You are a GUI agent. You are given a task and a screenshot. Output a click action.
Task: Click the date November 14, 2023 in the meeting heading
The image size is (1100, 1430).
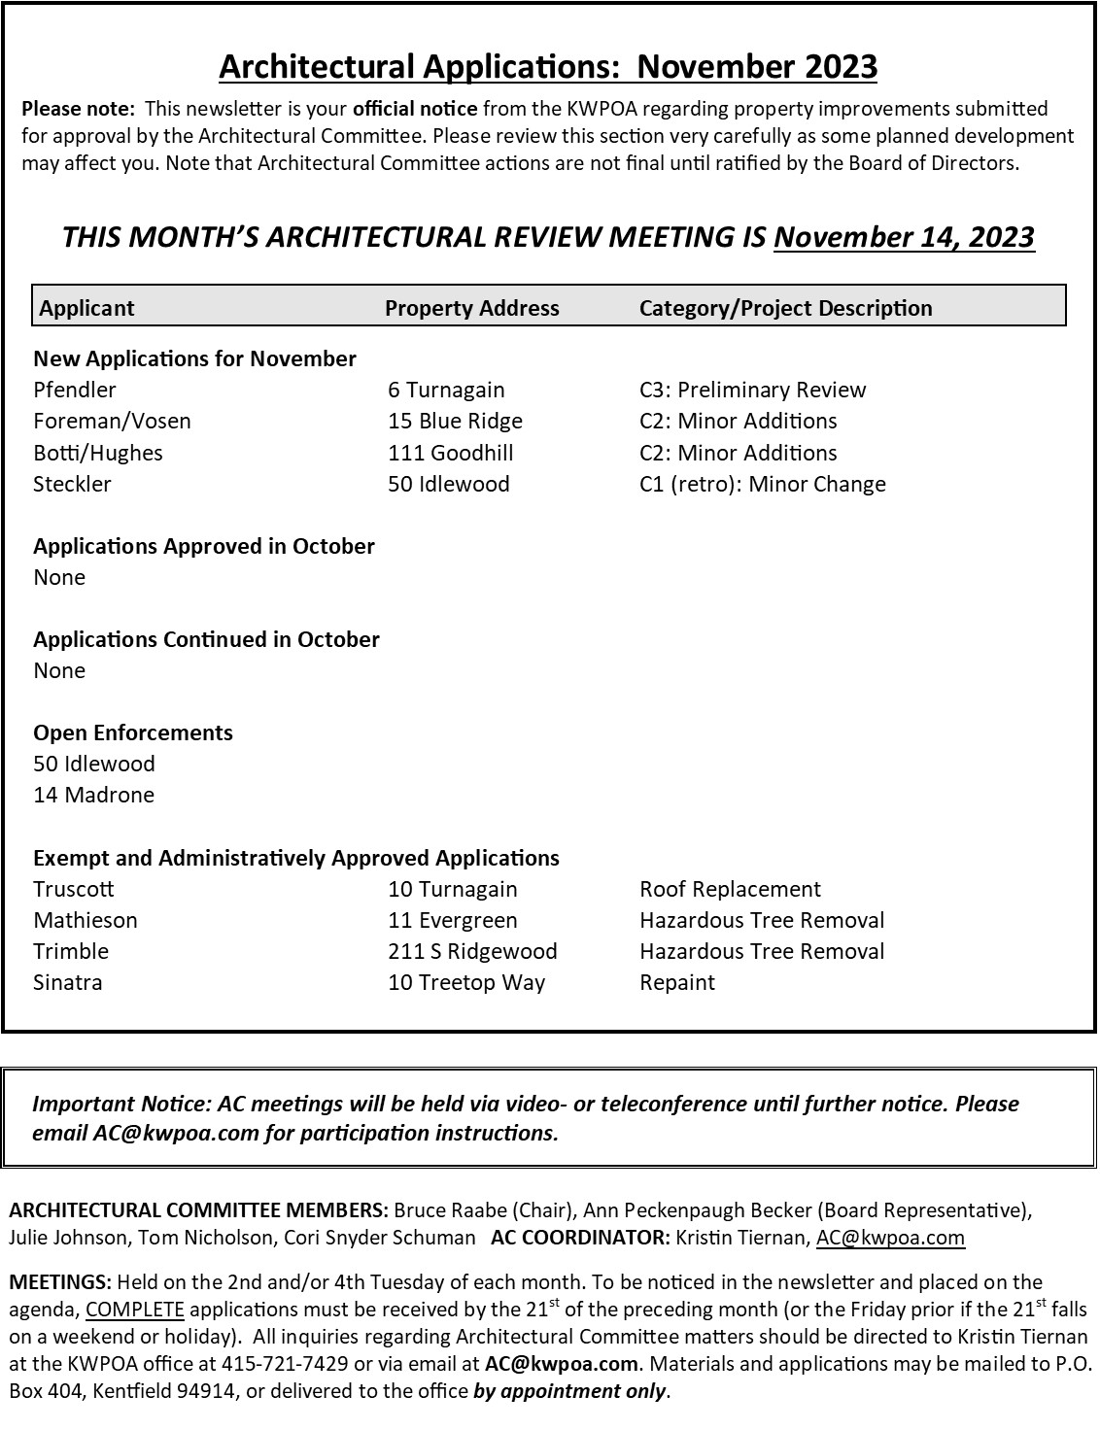pos(904,237)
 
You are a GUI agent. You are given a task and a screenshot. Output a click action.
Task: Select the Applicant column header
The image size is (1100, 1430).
pos(87,308)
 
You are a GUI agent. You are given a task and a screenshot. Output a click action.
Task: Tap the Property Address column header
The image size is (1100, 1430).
pos(472,308)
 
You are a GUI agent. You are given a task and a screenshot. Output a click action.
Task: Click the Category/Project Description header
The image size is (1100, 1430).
pos(785,308)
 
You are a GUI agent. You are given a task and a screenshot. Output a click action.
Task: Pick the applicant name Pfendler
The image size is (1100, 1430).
pos(75,390)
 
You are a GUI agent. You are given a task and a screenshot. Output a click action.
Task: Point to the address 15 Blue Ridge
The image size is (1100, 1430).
pos(455,421)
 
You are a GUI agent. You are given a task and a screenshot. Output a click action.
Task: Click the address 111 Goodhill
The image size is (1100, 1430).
pos(451,453)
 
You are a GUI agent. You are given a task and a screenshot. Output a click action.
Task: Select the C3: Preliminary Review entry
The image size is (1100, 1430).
pos(752,390)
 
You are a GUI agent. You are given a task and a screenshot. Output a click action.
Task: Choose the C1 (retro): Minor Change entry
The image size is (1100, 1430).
pos(762,484)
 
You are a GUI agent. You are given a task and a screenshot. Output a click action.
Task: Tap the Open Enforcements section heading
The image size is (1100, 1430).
pos(133,732)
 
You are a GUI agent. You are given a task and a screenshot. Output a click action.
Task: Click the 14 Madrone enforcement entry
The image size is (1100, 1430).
pos(94,795)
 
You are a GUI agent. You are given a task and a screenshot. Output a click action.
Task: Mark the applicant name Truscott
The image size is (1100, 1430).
pos(74,889)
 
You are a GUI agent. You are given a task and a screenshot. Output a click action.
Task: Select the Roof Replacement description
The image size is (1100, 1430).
pos(730,889)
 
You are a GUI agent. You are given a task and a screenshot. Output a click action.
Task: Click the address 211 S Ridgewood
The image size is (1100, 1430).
pos(472,951)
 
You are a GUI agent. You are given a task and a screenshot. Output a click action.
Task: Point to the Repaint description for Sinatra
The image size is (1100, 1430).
pos(677,982)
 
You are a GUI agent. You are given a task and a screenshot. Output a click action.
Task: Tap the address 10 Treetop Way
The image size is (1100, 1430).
pos(466,982)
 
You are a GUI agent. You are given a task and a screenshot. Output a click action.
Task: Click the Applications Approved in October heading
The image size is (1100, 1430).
pos(204,546)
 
